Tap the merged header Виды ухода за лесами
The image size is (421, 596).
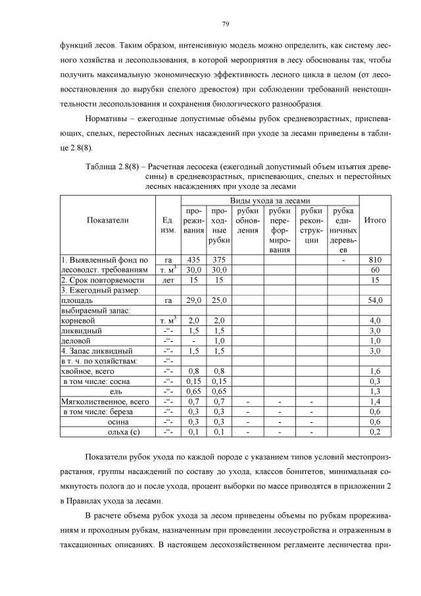pos(270,200)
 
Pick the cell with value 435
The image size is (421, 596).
pos(193,259)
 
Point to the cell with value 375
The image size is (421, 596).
pos(219,259)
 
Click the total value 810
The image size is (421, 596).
pos(375,259)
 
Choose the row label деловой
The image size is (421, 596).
pos(77,340)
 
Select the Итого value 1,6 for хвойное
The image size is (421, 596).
pos(375,371)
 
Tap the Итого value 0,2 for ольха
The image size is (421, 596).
pos(375,432)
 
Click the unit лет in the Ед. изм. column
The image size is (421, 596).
pos(167,280)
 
